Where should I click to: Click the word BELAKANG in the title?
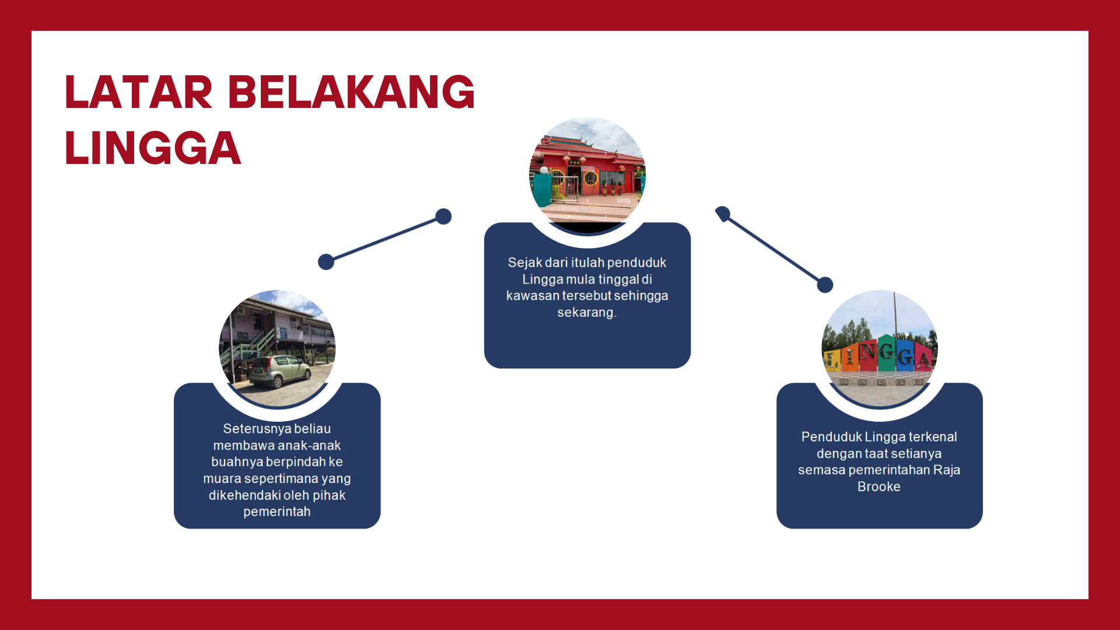pos(352,92)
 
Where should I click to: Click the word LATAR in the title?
pos(138,92)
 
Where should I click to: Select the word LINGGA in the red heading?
pos(153,148)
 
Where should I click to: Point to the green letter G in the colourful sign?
pos(887,352)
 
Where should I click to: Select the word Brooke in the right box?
pos(879,487)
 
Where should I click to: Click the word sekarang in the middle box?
pos(586,313)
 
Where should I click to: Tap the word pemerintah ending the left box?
pos(277,512)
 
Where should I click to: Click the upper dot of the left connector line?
pos(444,216)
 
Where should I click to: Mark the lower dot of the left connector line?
pos(326,262)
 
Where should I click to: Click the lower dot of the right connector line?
pos(825,285)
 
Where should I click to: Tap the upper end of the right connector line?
pos(723,213)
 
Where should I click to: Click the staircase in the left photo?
pos(256,344)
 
